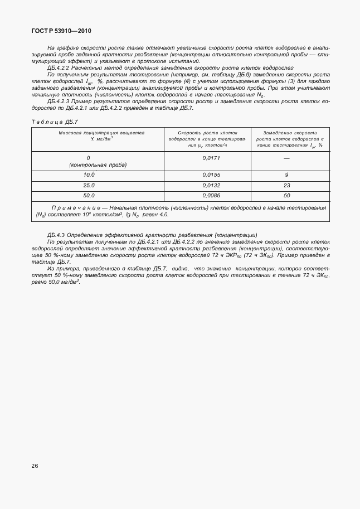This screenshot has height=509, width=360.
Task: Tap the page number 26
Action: coord(35,481)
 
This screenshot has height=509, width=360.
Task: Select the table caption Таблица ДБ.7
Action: coord(56,122)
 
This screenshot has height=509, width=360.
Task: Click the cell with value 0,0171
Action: coord(207,158)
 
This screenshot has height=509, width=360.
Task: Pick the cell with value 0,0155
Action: coord(207,175)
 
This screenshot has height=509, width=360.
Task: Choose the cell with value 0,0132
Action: coord(207,185)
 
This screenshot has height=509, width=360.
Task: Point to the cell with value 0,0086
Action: coord(207,195)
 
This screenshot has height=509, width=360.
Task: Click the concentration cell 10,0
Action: coord(89,175)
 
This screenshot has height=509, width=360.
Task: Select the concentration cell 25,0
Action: coord(89,185)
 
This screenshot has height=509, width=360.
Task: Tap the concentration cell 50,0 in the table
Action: coord(89,195)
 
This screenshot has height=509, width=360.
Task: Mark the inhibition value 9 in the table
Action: coord(286,175)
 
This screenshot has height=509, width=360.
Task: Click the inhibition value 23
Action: coord(286,185)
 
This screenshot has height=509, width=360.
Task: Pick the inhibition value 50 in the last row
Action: coord(286,195)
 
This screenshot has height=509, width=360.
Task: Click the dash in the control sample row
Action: coord(286,158)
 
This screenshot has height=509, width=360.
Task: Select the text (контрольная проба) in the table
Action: coord(98,165)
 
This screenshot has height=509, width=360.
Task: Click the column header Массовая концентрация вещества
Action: coord(101,133)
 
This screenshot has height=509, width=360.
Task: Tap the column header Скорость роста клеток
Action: coord(207,133)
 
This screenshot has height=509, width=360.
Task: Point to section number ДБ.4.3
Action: coord(58,235)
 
